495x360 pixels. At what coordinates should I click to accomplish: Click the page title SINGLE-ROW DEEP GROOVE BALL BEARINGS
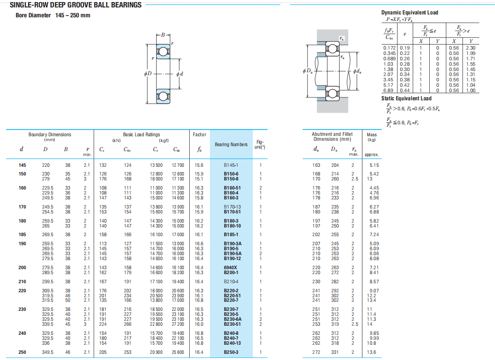click(76, 5)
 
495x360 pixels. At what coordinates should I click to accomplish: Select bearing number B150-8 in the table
click(231, 179)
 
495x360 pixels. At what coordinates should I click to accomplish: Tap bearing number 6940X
click(231, 268)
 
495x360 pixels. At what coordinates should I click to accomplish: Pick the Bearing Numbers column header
click(231, 144)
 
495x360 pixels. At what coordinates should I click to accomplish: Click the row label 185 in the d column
click(22, 234)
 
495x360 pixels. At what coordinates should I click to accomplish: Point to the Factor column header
click(200, 135)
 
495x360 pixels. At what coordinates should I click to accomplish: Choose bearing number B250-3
click(231, 352)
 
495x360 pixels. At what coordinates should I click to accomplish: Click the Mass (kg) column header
click(372, 137)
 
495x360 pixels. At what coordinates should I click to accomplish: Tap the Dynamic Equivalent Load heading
click(410, 13)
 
